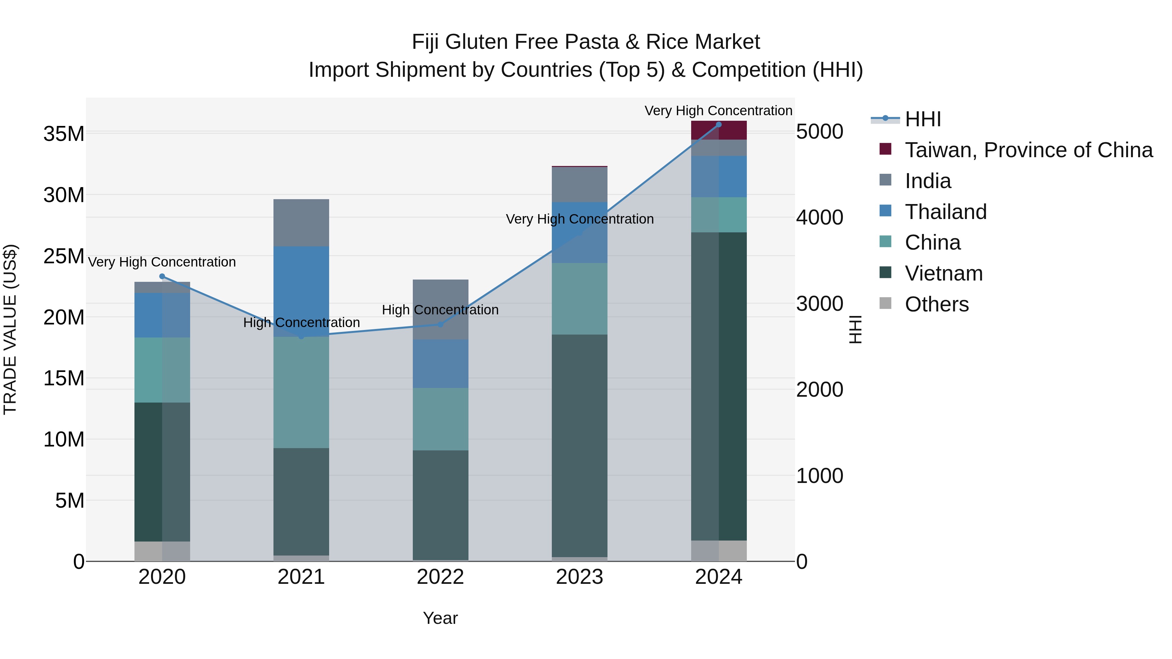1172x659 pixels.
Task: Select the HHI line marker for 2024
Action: [x=719, y=125]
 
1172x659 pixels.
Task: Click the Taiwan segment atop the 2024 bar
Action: [x=719, y=130]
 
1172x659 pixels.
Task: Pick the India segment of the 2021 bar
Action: [x=301, y=223]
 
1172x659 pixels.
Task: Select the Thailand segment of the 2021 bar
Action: [x=301, y=291]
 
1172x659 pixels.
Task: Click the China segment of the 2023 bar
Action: [x=579, y=299]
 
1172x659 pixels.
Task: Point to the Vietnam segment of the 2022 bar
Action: [x=440, y=505]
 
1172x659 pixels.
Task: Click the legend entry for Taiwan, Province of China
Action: [x=1028, y=150]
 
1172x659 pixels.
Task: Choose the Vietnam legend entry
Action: [x=943, y=273]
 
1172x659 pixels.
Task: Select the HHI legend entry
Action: [x=923, y=119]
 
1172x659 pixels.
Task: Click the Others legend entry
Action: [x=937, y=304]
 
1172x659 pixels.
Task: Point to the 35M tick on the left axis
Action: [x=64, y=134]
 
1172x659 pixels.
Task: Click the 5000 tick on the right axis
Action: [x=819, y=132]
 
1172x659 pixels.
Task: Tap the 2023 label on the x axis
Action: [x=579, y=577]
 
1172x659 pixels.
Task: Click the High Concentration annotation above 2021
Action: [x=301, y=323]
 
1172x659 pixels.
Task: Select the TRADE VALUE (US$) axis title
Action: [x=10, y=329]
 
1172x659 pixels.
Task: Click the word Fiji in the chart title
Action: [x=427, y=42]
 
